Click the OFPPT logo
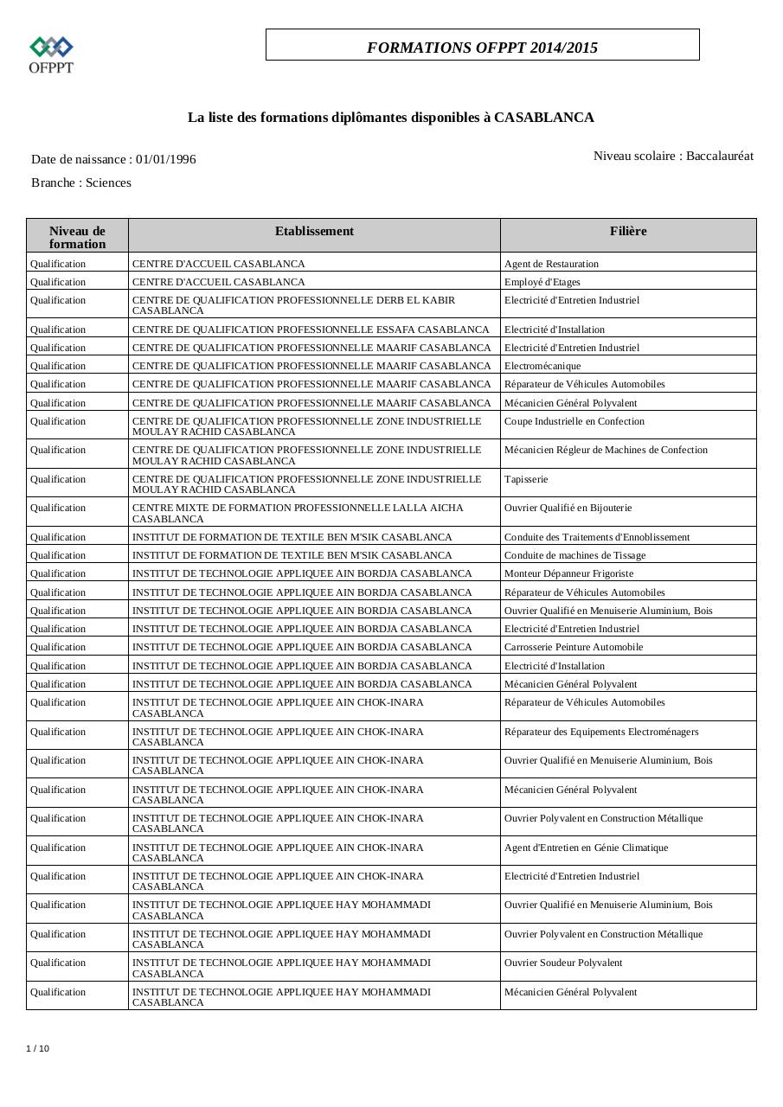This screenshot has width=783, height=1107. coord(51,54)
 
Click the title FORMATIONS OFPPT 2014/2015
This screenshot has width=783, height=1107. coord(482,48)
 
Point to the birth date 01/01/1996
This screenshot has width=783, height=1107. coord(165,159)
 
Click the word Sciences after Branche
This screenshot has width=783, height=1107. coord(108,182)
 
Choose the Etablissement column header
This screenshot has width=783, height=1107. coord(314,231)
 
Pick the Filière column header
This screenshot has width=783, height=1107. coord(627,231)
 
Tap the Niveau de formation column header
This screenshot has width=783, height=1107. coord(77,237)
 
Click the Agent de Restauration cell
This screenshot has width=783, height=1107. coord(551,264)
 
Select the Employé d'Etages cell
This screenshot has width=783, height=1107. coord(542,282)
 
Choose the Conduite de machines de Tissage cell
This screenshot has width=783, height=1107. coord(574,555)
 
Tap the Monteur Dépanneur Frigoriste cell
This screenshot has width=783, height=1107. coord(568,573)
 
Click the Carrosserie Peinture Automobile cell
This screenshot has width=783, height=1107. coord(574,647)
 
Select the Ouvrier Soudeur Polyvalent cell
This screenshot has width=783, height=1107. coord(563,963)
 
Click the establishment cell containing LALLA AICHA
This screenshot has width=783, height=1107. coord(298,513)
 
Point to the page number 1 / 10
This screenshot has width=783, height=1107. coord(37,1048)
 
